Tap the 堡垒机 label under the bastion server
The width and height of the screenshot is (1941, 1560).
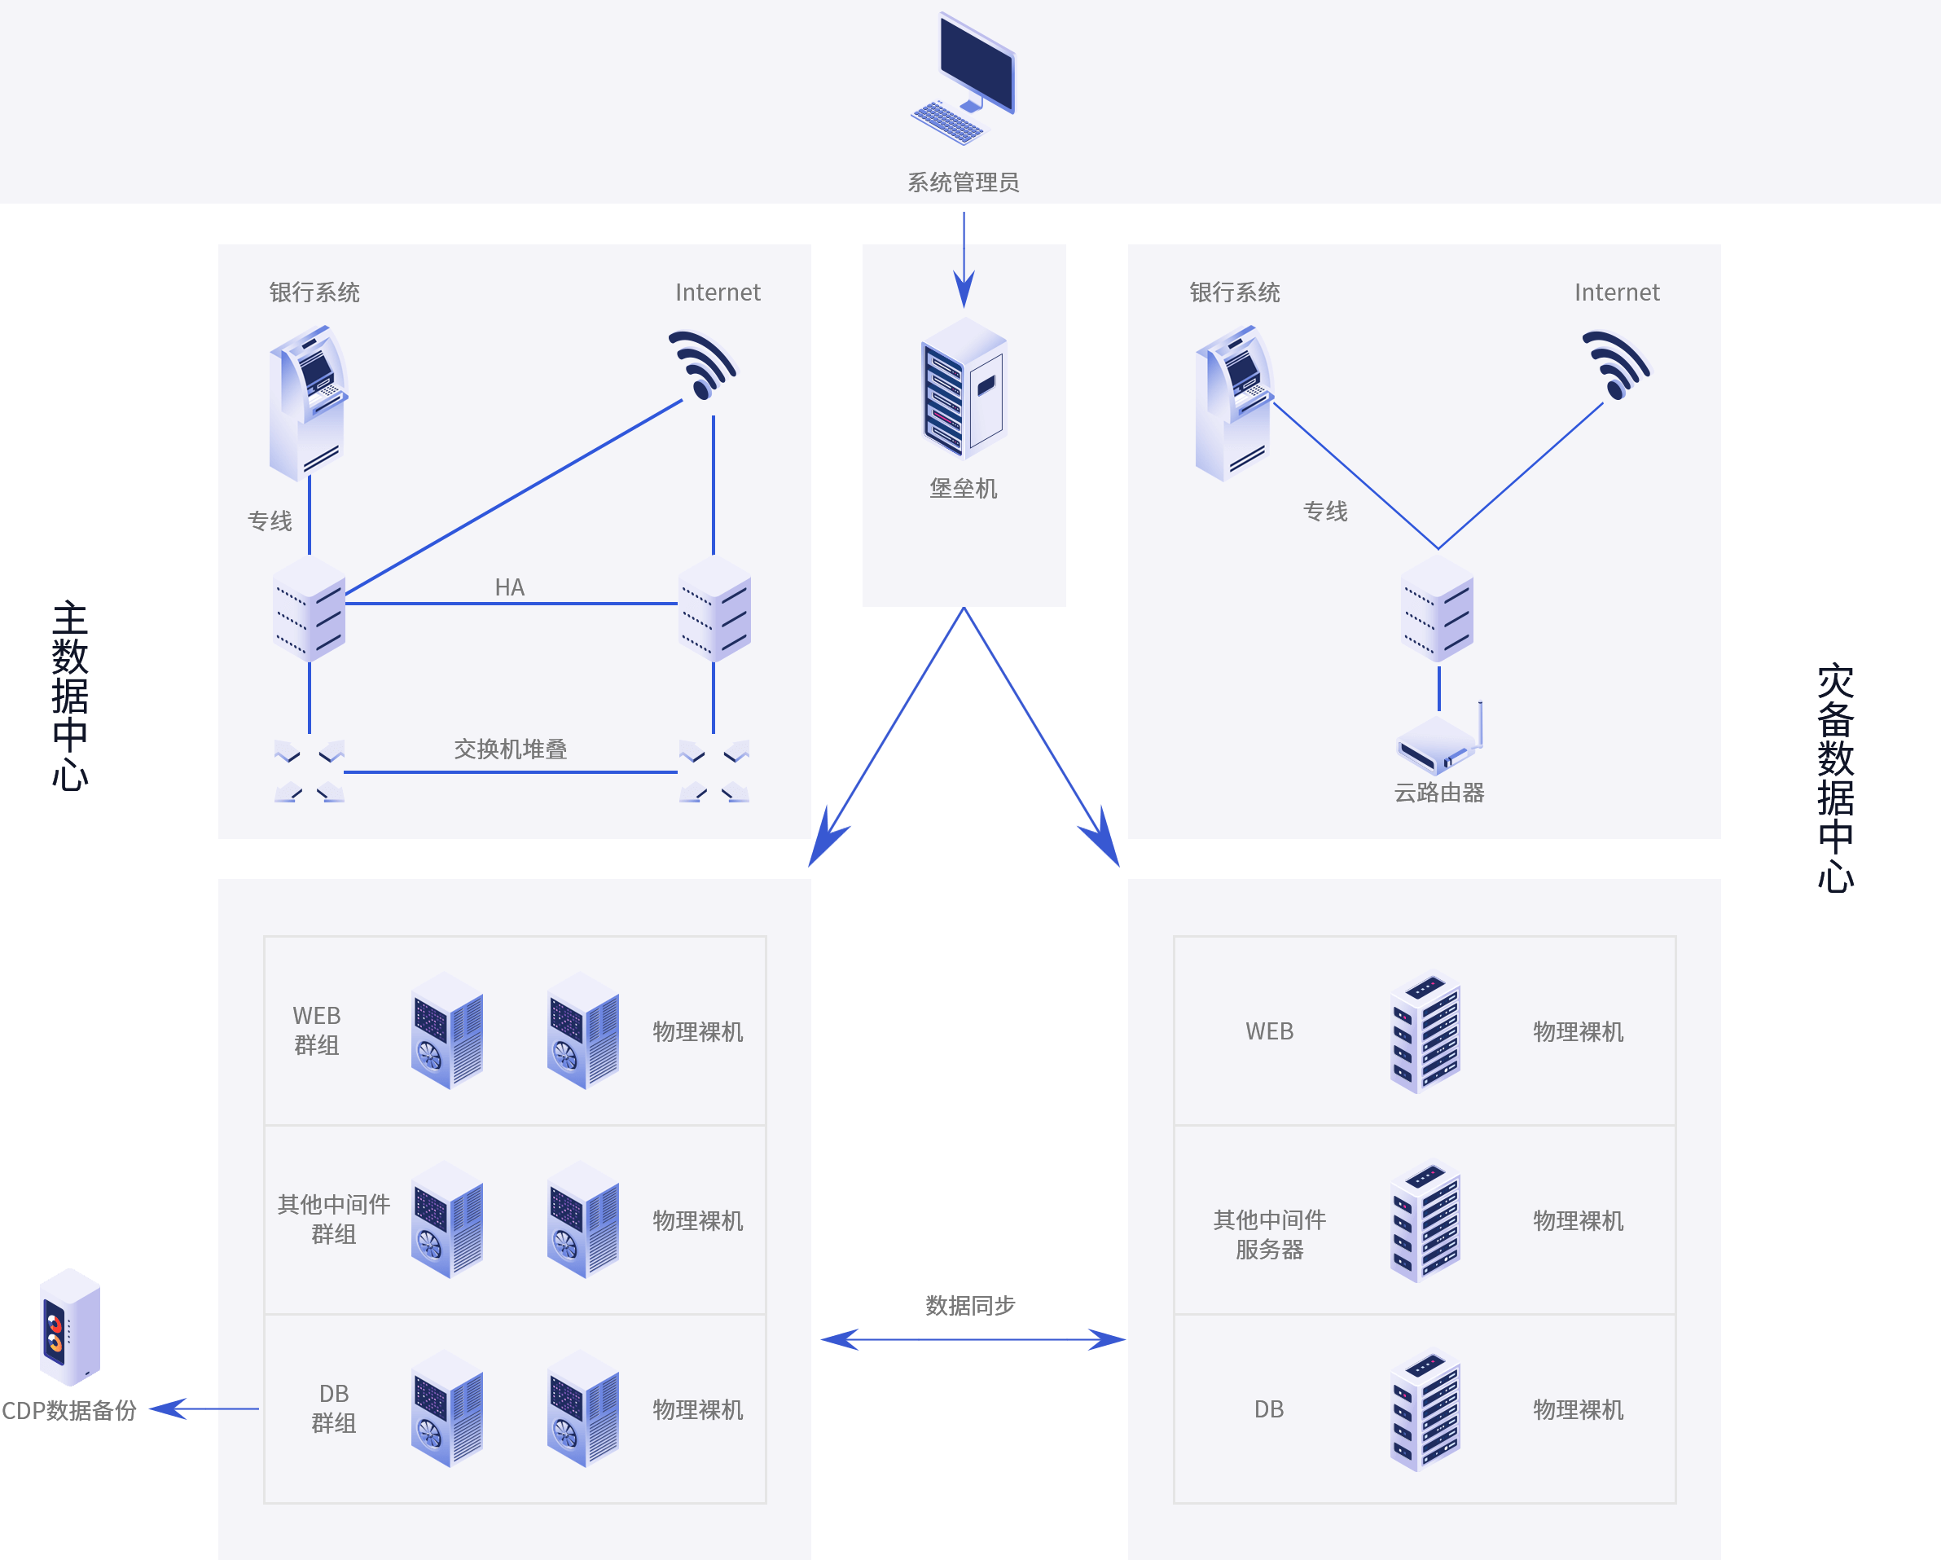click(x=964, y=489)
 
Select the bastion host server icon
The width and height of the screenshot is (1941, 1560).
click(x=964, y=389)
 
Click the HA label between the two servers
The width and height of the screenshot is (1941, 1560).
click(x=510, y=587)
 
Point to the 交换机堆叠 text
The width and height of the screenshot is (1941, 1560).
click(x=511, y=749)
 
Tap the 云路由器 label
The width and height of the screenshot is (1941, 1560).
click(x=1438, y=792)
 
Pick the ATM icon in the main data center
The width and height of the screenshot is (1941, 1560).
click(x=308, y=403)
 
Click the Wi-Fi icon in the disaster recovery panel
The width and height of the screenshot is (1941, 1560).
click(x=1616, y=366)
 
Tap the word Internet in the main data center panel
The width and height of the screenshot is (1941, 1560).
click(x=718, y=292)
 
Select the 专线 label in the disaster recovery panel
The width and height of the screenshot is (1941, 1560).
click(x=1325, y=512)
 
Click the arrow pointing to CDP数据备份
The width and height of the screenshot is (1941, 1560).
click(x=204, y=1408)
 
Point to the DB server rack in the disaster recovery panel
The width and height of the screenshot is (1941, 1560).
click(x=1425, y=1411)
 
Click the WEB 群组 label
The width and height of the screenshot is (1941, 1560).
click(x=316, y=1030)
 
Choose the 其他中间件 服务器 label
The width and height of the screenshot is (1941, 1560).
click(x=1269, y=1234)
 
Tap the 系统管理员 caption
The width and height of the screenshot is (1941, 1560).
click(x=964, y=182)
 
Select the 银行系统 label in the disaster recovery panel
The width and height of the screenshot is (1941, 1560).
click(x=1234, y=292)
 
